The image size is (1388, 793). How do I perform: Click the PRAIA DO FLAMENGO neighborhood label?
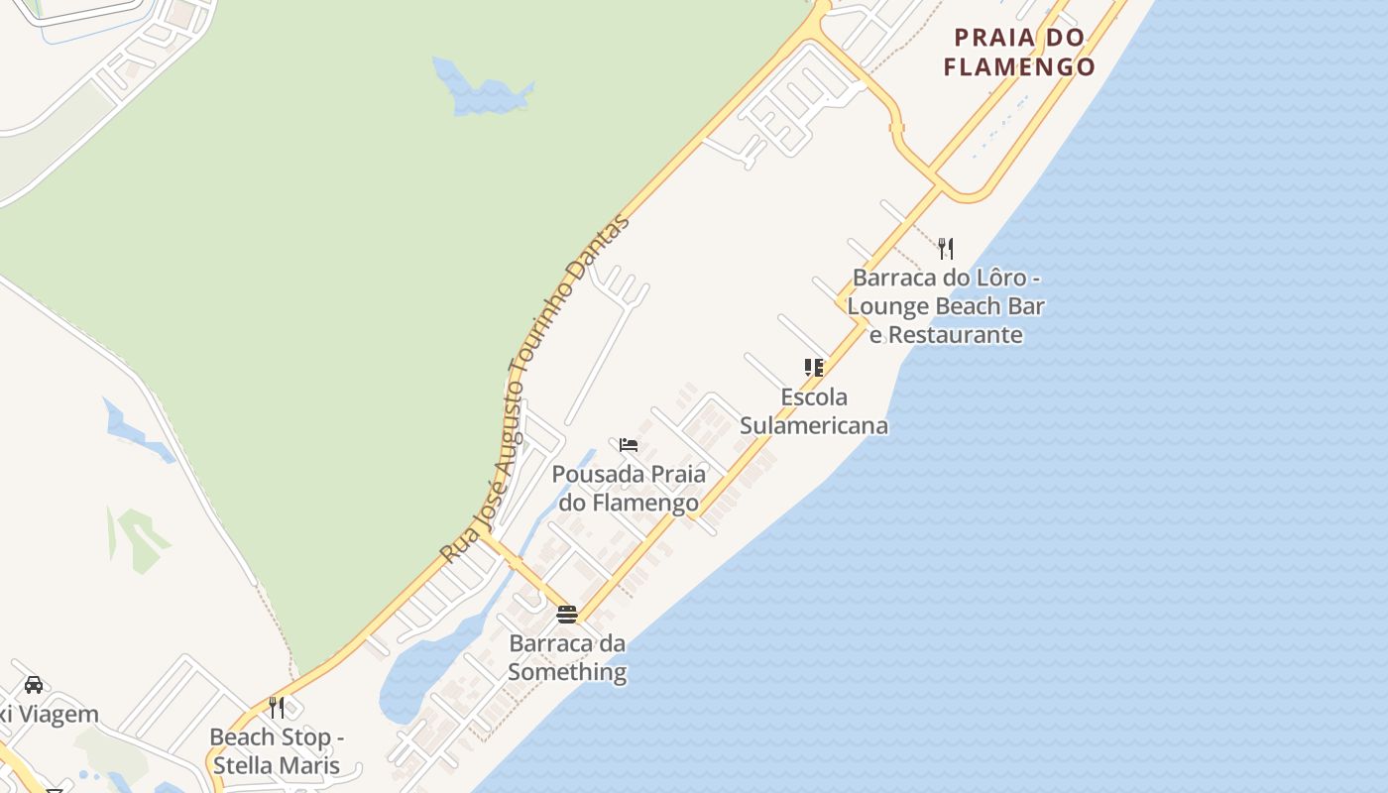tap(1019, 53)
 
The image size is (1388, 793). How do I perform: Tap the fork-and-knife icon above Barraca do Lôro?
tap(946, 248)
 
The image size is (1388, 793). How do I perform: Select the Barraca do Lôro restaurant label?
tap(946, 305)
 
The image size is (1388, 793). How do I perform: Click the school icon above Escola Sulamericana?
tap(814, 368)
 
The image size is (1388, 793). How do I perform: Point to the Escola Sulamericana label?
tap(814, 411)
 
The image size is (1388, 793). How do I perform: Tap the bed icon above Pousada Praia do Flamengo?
tap(628, 445)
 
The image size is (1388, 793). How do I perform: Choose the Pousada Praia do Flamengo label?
tap(629, 489)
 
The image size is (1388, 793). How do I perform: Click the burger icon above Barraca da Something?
tap(567, 615)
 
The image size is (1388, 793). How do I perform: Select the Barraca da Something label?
tap(567, 657)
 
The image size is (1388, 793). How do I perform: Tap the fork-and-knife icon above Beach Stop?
tap(277, 708)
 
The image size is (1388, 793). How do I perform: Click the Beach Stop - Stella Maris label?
tap(276, 751)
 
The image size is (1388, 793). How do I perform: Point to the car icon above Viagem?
tap(33, 684)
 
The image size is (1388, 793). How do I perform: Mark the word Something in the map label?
tap(567, 672)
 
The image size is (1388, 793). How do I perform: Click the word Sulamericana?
tap(814, 426)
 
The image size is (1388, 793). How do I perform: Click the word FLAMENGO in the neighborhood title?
tap(1019, 67)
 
